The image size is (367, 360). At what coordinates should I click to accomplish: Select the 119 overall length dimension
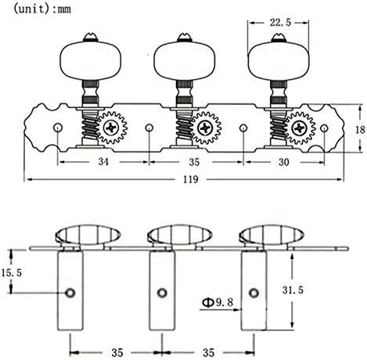(x=191, y=179)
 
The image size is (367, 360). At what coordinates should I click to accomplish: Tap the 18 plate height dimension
(x=360, y=129)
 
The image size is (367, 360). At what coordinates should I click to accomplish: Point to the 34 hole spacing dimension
(x=103, y=162)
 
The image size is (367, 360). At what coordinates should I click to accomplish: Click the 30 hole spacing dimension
(x=284, y=162)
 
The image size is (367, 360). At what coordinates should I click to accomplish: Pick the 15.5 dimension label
(x=12, y=273)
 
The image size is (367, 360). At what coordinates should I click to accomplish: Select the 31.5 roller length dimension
(x=293, y=290)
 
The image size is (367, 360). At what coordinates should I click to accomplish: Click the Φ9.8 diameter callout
(x=218, y=302)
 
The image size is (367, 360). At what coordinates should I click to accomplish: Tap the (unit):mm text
(x=42, y=9)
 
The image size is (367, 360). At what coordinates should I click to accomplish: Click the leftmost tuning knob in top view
(x=90, y=60)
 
